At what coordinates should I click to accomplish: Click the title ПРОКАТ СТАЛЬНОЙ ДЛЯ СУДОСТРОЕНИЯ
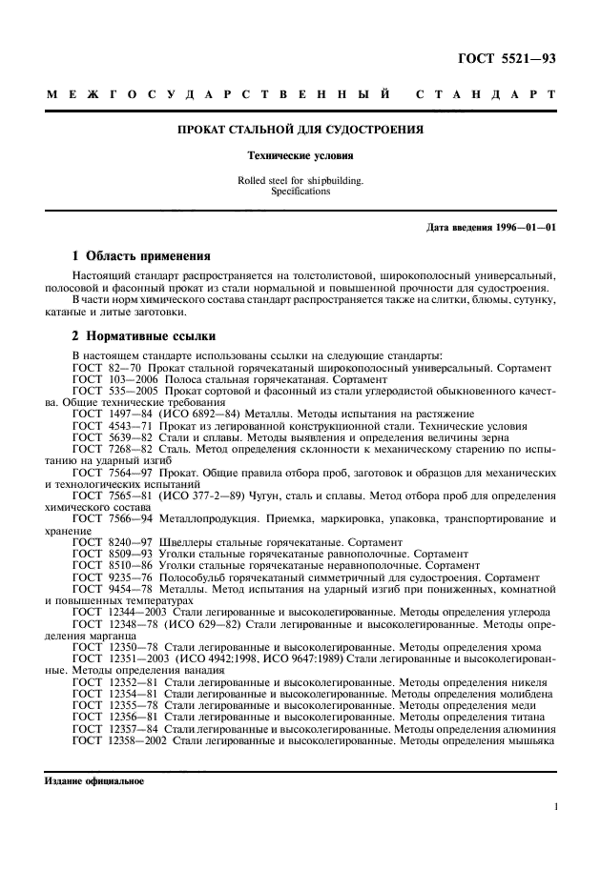coord(300,129)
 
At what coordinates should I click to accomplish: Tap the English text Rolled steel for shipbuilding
coord(300,180)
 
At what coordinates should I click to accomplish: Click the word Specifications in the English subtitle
coord(300,191)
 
